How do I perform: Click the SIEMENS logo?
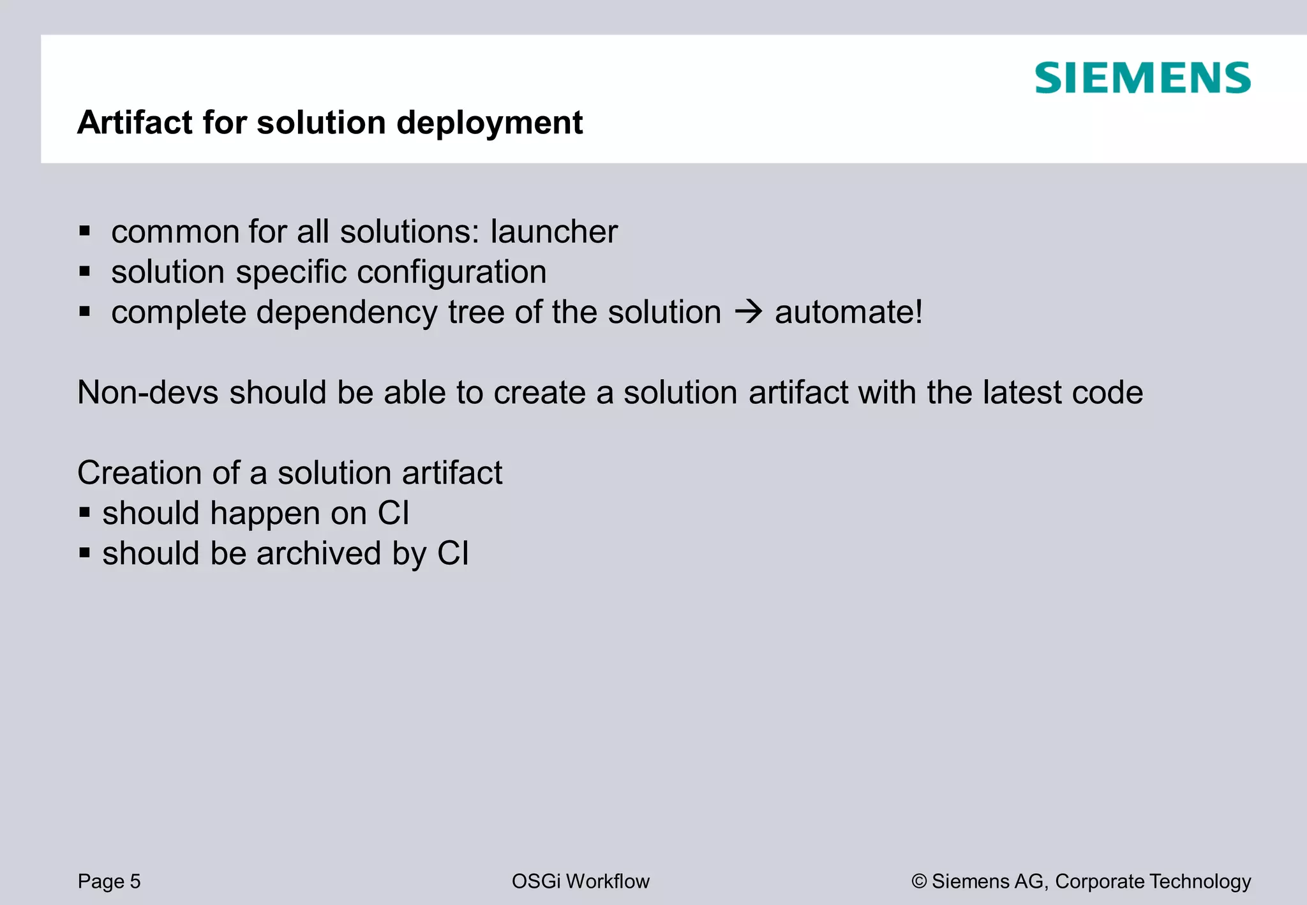pyautogui.click(x=1142, y=78)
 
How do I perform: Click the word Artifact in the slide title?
pyautogui.click(x=135, y=122)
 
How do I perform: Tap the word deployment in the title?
pyautogui.click(x=489, y=123)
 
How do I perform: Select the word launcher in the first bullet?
pyautogui.click(x=554, y=231)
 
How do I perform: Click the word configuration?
pyautogui.click(x=451, y=273)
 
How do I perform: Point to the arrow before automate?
pyautogui.click(x=748, y=313)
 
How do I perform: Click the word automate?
pyautogui.click(x=849, y=312)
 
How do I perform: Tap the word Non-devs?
pyautogui.click(x=148, y=392)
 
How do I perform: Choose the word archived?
pyautogui.click(x=318, y=553)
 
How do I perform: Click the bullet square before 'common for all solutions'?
pyautogui.click(x=85, y=230)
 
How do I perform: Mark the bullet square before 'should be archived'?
pyautogui.click(x=85, y=553)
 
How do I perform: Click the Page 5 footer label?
pyautogui.click(x=109, y=881)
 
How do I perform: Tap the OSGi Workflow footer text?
pyautogui.click(x=580, y=881)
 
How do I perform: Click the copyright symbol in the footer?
pyautogui.click(x=919, y=881)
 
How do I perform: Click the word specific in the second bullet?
pyautogui.click(x=292, y=273)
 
